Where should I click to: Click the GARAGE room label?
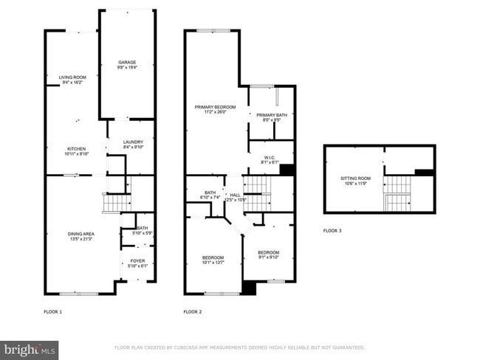coord(127,61)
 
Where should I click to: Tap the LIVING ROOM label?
coord(73,77)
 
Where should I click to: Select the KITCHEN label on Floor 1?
coord(77,148)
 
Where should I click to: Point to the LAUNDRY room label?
coord(133,142)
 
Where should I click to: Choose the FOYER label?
coord(138,260)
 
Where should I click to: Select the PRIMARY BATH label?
coord(271,114)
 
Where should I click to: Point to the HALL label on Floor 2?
coord(235,195)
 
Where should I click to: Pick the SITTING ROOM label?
coord(355,178)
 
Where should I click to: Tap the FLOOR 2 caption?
coord(193,312)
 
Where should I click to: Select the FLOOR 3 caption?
coord(332,231)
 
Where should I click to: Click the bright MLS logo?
coord(30,347)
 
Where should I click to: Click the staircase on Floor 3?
coord(398,193)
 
